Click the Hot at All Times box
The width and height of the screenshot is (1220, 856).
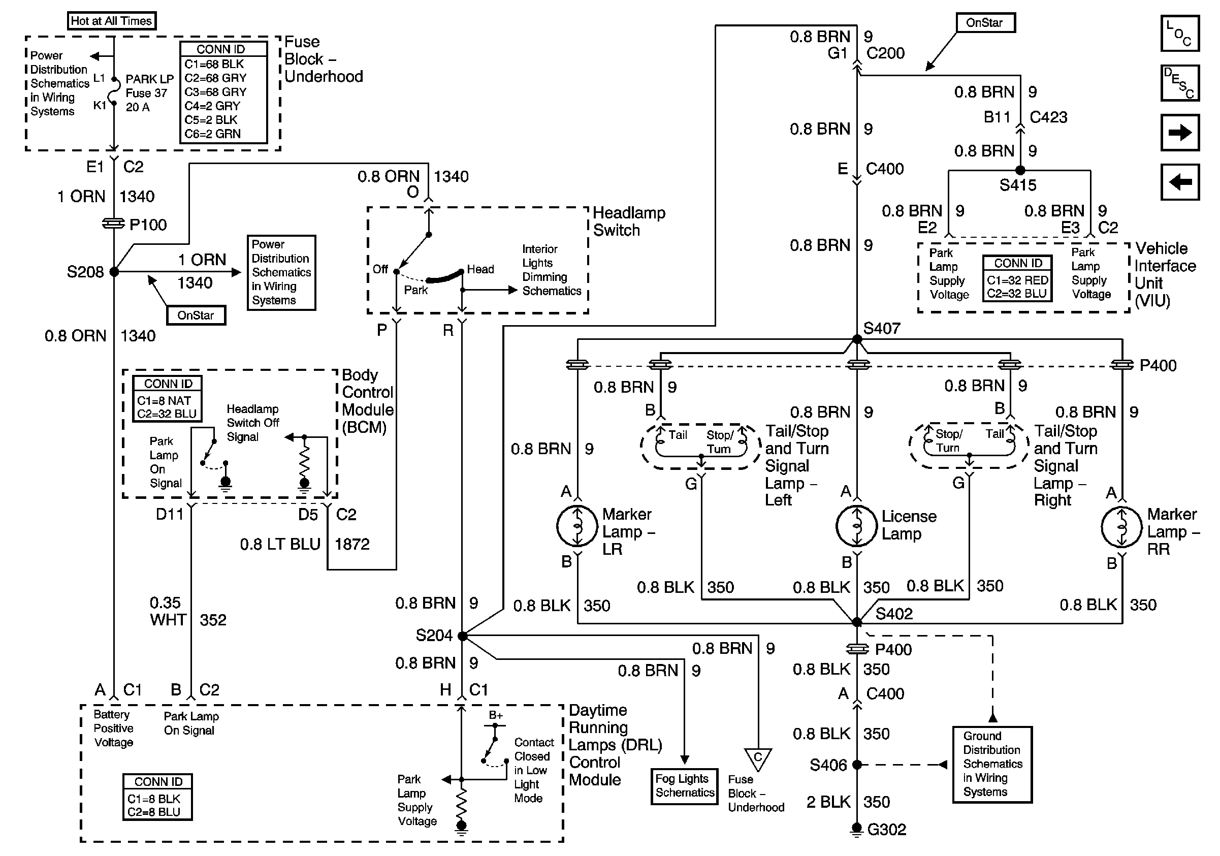tap(112, 21)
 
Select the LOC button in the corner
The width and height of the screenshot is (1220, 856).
tap(1179, 33)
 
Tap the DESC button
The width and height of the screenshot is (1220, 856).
tap(1179, 82)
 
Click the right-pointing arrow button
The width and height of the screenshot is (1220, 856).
tap(1179, 132)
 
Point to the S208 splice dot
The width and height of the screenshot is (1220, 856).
tap(114, 271)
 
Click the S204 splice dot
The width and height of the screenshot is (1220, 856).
tap(462, 636)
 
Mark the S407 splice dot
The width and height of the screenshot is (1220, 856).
tap(856, 339)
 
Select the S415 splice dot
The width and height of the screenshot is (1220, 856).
tap(1020, 171)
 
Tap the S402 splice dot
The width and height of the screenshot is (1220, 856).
tap(856, 622)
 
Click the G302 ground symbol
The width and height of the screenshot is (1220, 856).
tap(856, 829)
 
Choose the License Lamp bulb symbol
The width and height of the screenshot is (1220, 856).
tap(856, 526)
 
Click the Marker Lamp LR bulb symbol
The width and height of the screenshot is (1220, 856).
tap(577, 526)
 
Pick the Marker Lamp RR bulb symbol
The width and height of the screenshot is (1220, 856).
tap(1121, 527)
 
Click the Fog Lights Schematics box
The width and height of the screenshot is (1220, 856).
tap(684, 786)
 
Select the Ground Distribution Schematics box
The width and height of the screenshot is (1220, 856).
tap(992, 764)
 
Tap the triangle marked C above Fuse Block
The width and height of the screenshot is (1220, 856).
tap(758, 758)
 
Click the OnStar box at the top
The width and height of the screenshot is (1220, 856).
tap(985, 23)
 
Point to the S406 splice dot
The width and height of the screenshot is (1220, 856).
tap(856, 765)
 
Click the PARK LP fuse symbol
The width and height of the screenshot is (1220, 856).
tap(113, 92)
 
